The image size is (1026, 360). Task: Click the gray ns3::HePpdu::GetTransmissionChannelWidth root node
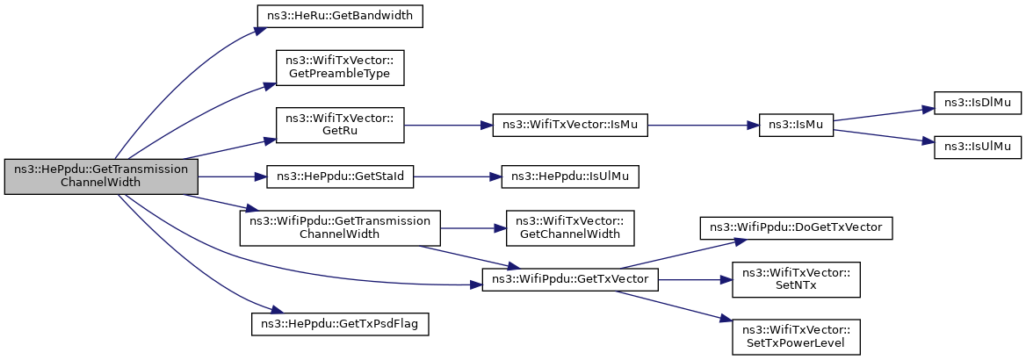(101, 176)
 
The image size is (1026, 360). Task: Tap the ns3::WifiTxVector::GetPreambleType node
(340, 68)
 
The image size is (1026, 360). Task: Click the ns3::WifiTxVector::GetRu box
(340, 125)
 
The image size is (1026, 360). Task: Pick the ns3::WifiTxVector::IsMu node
(570, 125)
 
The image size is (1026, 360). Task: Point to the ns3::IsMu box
(796, 125)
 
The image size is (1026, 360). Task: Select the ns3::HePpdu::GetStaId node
(340, 176)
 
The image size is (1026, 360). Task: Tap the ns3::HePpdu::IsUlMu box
(570, 176)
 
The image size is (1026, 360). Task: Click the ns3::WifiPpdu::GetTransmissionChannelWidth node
(340, 228)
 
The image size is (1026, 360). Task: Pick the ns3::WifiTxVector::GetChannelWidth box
(570, 228)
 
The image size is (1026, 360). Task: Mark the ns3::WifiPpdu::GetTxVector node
(570, 280)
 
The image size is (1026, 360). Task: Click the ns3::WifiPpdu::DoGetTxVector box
(796, 228)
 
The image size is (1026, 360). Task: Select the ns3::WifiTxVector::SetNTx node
(796, 280)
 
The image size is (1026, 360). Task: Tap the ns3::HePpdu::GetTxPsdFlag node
(340, 325)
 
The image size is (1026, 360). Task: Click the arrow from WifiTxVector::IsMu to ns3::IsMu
(703, 125)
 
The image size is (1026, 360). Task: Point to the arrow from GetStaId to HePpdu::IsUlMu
(458, 176)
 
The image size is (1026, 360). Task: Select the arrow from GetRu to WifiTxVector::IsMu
(448, 125)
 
